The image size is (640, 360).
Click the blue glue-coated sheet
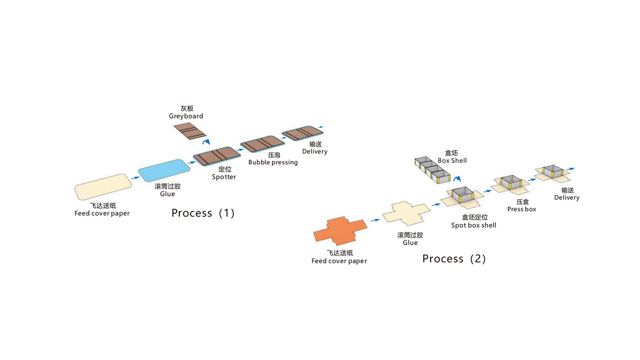pyautogui.click(x=164, y=170)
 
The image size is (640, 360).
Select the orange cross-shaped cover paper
pyautogui.click(x=340, y=230)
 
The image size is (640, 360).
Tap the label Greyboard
pyautogui.click(x=186, y=116)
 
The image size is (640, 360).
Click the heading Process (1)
pyautogui.click(x=203, y=213)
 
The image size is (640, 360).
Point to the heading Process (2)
pyautogui.click(x=454, y=258)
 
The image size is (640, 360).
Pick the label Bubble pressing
pyautogui.click(x=273, y=162)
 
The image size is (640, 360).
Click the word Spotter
pyautogui.click(x=224, y=177)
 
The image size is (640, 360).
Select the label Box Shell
pyautogui.click(x=452, y=160)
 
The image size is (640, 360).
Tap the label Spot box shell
pyautogui.click(x=473, y=225)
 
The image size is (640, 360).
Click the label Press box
pyautogui.click(x=521, y=209)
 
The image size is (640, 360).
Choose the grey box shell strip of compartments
pyautogui.click(x=432, y=169)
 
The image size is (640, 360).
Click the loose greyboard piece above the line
pyautogui.click(x=190, y=131)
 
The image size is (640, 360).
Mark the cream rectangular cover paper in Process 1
pyautogui.click(x=103, y=187)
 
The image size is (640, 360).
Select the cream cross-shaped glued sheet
pyautogui.click(x=406, y=213)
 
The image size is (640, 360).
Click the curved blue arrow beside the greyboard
pyautogui.click(x=206, y=142)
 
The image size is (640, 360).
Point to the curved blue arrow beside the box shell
pyautogui.click(x=457, y=178)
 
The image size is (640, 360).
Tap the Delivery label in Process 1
pyautogui.click(x=314, y=151)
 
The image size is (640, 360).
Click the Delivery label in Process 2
pyautogui.click(x=567, y=197)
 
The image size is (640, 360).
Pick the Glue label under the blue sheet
pyautogui.click(x=167, y=194)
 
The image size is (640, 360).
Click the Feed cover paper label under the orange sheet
pyautogui.click(x=339, y=261)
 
